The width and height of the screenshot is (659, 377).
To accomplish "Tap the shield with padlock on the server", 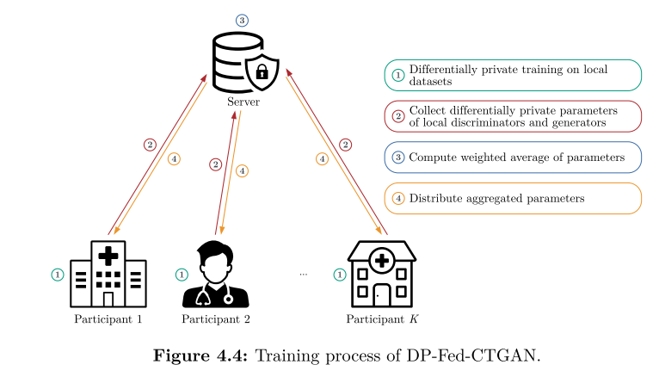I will [261, 74].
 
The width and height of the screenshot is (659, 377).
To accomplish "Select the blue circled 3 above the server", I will [242, 20].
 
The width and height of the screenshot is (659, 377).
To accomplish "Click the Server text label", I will [243, 102].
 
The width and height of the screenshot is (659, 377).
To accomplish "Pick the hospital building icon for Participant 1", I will [108, 274].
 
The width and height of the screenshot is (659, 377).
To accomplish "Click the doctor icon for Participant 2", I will [215, 275].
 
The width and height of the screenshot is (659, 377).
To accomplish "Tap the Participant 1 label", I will [108, 319].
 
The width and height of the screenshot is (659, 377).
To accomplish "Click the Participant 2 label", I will [216, 319].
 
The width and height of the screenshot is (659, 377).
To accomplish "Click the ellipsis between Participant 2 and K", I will [303, 274].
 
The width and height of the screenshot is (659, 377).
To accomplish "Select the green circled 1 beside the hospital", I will [57, 275].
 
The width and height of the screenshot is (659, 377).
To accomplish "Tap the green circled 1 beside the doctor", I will [181, 275].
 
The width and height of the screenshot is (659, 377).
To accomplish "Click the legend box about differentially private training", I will [512, 76].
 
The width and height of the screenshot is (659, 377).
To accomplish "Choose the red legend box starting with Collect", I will [512, 117].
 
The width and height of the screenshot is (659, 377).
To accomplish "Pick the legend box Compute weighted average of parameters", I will [512, 158].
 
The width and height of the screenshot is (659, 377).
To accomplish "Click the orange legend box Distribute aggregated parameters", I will [512, 198].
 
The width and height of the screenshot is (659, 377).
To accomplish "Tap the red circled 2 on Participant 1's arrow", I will [150, 145].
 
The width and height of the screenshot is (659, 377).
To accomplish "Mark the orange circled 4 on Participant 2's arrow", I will [242, 171].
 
